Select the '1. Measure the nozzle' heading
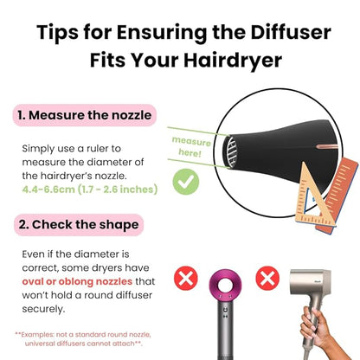click(85, 114)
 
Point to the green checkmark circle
click(183, 183)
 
